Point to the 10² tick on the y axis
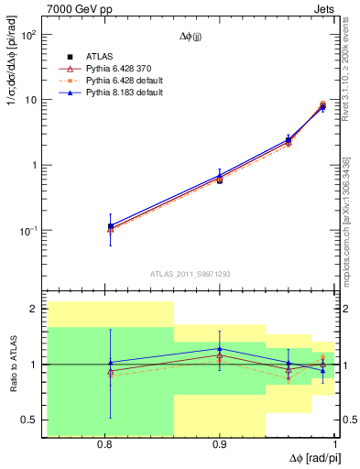28,35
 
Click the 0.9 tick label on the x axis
220,444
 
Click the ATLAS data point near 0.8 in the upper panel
111,226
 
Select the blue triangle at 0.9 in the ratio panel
220,349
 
